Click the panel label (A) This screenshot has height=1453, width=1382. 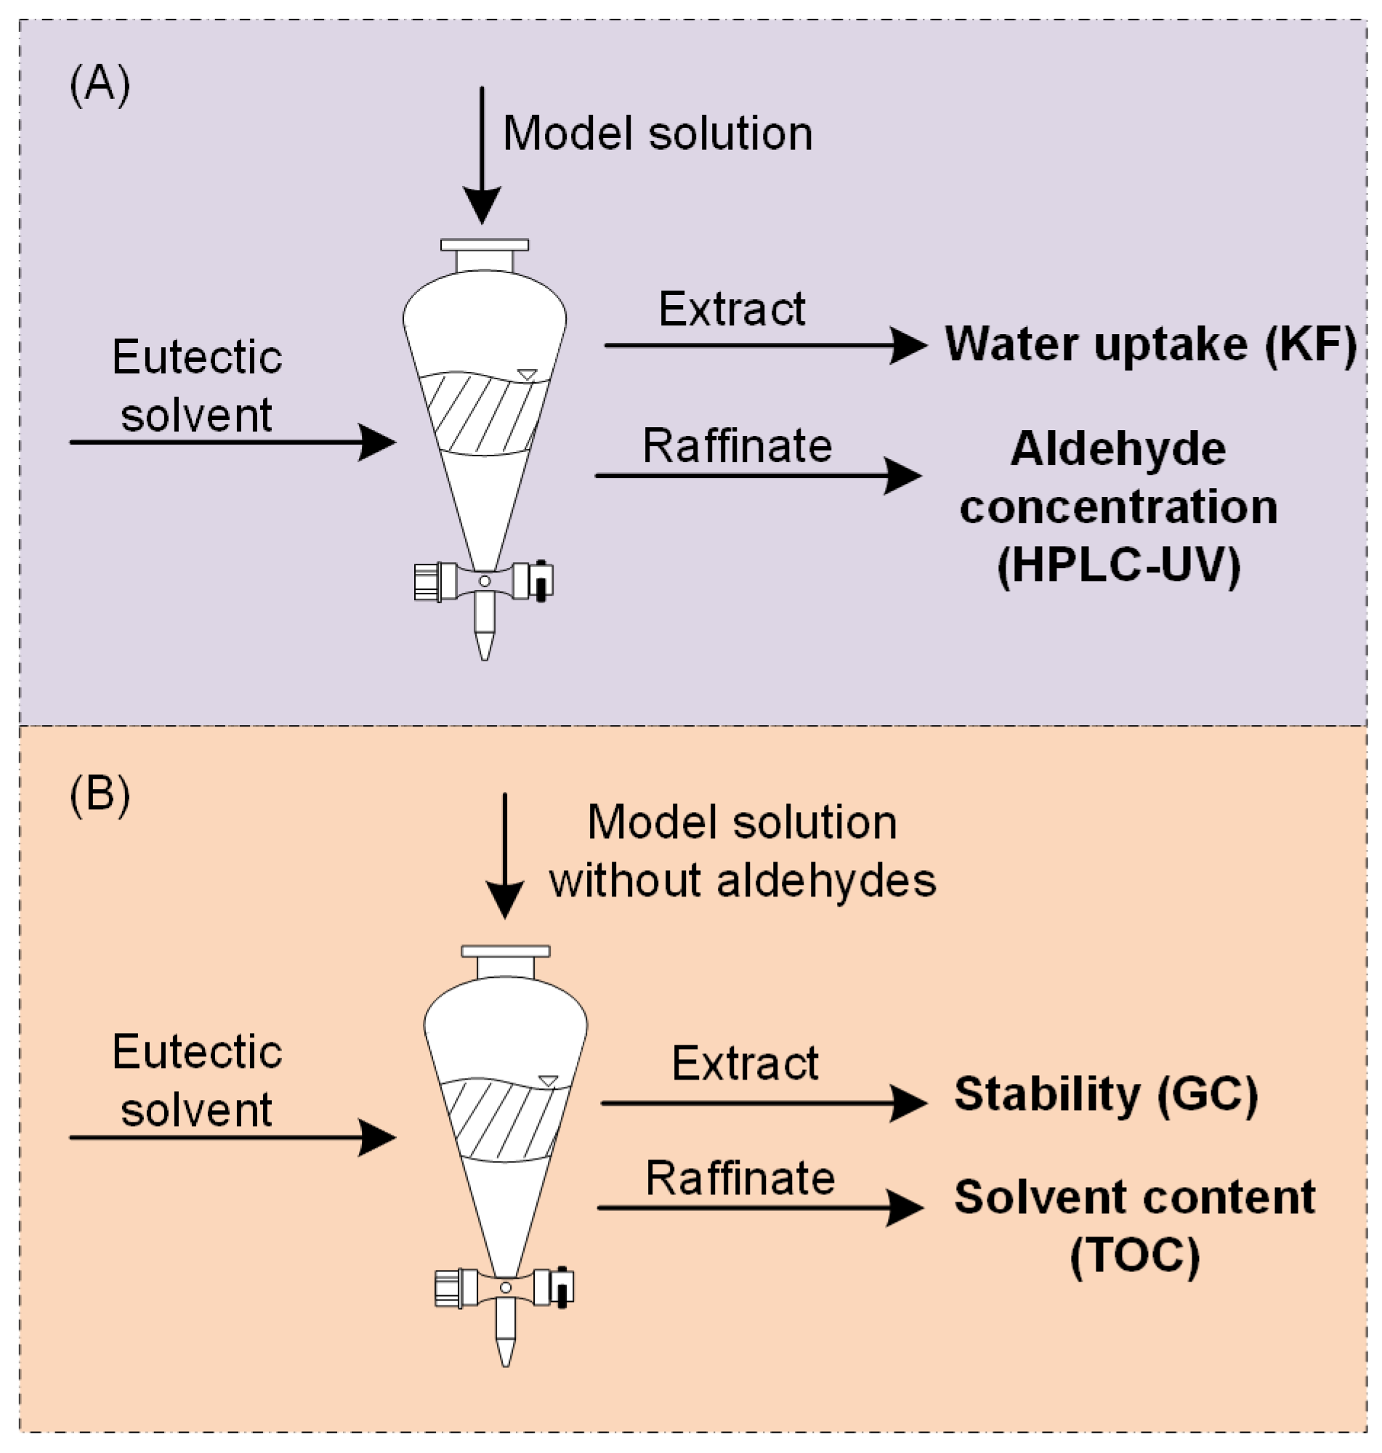(100, 85)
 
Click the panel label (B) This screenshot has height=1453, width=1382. (100, 796)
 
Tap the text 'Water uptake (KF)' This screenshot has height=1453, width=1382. (1150, 344)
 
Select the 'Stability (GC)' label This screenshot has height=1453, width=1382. (1106, 1093)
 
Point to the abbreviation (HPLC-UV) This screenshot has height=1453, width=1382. (1118, 566)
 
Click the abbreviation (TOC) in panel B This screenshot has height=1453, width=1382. (1134, 1255)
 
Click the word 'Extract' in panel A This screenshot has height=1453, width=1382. (732, 309)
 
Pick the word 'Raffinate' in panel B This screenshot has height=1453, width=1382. (740, 1178)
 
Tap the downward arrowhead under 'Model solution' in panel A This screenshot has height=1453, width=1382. (482, 205)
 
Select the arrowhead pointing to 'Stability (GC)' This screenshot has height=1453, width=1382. (908, 1102)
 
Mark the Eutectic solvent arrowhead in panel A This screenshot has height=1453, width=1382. (377, 442)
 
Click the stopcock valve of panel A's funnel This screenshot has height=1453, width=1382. (484, 581)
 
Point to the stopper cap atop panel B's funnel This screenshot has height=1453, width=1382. (506, 951)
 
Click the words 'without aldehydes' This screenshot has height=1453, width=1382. (743, 880)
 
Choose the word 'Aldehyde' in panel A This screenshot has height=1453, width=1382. (1118, 448)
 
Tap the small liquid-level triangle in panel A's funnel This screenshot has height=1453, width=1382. (528, 374)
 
